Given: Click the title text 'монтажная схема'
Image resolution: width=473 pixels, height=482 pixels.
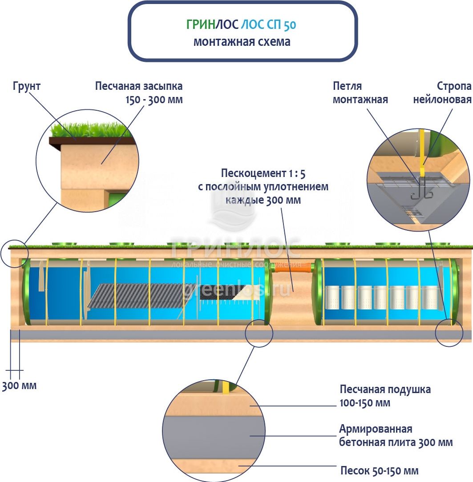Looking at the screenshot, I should point(242,42).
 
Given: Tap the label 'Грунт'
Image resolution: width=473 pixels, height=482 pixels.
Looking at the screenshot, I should point(27,86).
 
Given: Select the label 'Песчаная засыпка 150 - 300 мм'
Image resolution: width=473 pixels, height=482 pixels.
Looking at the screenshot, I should point(139,92).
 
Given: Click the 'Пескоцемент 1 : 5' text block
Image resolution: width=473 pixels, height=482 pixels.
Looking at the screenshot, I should point(263,186).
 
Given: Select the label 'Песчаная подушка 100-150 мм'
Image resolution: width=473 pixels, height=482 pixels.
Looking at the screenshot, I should point(385,396).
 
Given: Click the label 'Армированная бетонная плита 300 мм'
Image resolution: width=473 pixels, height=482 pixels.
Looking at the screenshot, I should point(396,436).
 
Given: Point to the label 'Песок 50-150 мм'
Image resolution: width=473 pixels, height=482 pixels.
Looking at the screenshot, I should point(379,470).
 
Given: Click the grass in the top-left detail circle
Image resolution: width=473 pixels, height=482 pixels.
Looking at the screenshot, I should point(91,130).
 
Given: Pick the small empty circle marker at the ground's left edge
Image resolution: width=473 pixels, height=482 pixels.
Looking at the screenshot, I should point(13,254).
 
